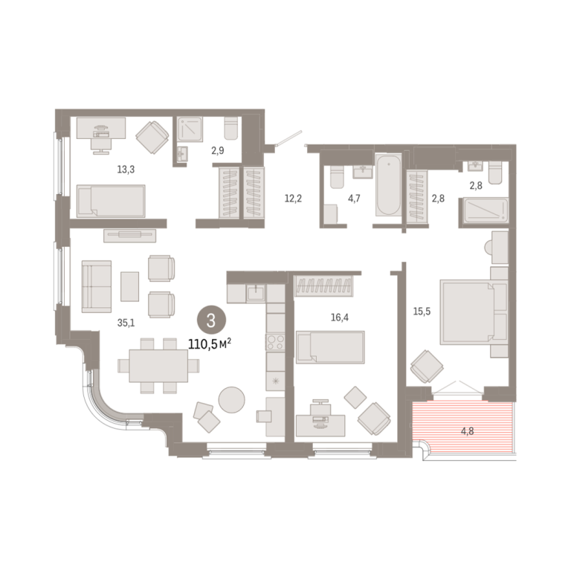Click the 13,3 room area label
126,170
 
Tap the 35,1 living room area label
126,323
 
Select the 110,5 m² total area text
210,343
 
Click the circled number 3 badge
211,320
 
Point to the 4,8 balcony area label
467,431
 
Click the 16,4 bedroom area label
339,317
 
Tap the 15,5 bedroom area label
422,312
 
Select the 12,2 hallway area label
293,199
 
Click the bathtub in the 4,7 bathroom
389,184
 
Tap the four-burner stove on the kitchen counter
275,342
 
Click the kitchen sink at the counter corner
257,294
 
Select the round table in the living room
232,399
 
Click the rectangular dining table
158,366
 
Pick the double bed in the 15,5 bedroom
474,312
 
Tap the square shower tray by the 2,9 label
190,129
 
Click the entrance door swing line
290,138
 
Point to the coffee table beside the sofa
129,286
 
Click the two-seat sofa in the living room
97,286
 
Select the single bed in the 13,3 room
111,201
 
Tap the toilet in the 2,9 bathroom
231,128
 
